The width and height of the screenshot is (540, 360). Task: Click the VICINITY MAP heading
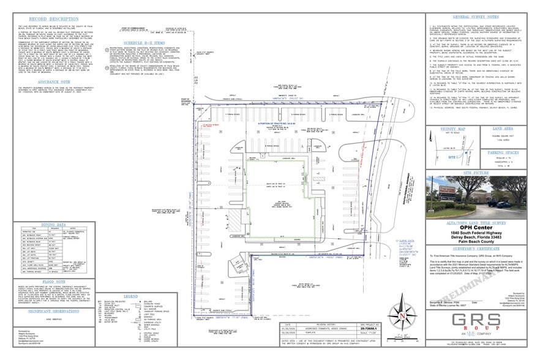(x=454, y=129)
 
